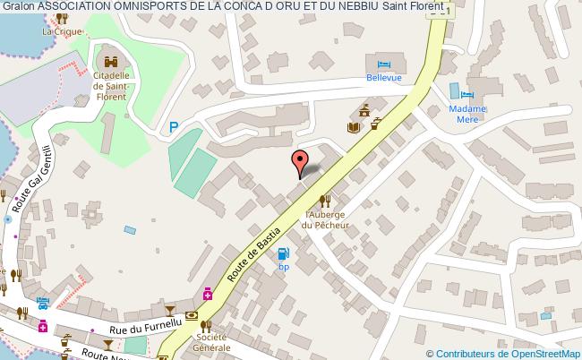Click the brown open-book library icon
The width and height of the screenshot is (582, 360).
[353, 127]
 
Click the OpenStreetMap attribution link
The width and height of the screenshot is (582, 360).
[526, 354]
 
